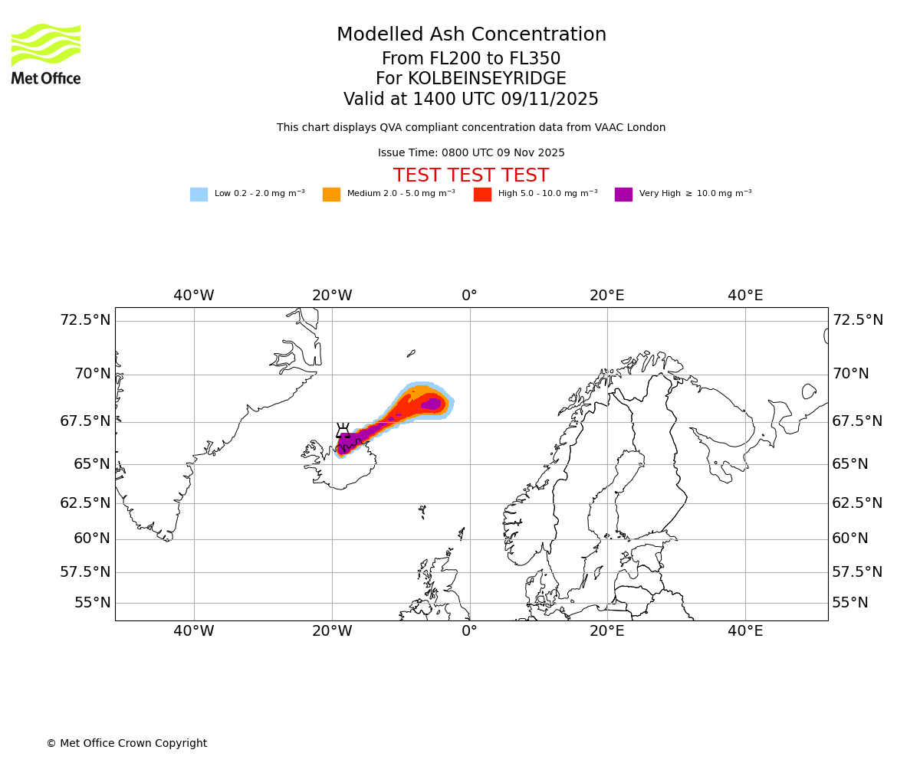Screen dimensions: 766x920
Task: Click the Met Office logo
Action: pyautogui.click(x=46, y=54)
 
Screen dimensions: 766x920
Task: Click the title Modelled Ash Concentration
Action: pyautogui.click(x=472, y=35)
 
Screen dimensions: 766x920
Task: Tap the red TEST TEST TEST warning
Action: pyautogui.click(x=471, y=175)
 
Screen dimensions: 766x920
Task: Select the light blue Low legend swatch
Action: pyautogui.click(x=199, y=195)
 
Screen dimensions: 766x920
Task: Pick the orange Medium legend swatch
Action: pyautogui.click(x=331, y=195)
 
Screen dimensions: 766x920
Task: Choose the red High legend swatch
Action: pyautogui.click(x=482, y=195)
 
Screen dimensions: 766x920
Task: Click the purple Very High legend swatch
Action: pyautogui.click(x=623, y=195)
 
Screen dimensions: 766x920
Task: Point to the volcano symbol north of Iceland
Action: pyautogui.click(x=343, y=430)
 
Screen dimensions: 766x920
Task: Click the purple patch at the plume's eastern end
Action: pyautogui.click(x=432, y=404)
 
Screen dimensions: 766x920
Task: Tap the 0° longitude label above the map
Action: pyautogui.click(x=469, y=296)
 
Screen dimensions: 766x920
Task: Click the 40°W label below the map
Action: pyautogui.click(x=193, y=631)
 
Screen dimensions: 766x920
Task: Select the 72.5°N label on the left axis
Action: pyautogui.click(x=85, y=320)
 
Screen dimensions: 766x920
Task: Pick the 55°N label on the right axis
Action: pyautogui.click(x=850, y=603)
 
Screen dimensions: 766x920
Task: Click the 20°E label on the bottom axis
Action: pyautogui.click(x=607, y=631)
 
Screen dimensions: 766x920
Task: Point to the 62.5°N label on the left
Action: pyautogui.click(x=85, y=503)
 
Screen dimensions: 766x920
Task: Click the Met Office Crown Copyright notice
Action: pyautogui.click(x=127, y=744)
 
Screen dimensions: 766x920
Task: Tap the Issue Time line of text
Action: pyautogui.click(x=471, y=153)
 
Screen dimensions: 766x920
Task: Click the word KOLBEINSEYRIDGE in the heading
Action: pyautogui.click(x=487, y=79)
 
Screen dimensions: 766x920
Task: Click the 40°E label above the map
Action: pyautogui.click(x=745, y=296)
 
